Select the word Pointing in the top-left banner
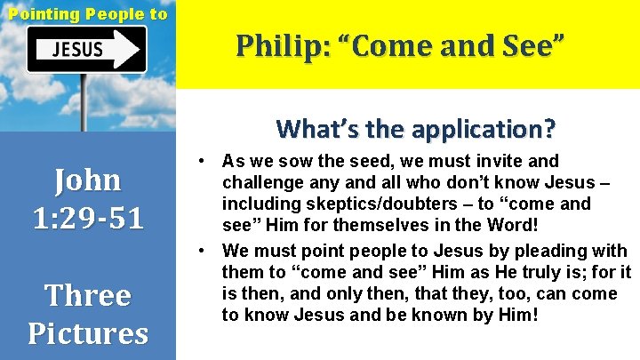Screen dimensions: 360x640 click(x=41, y=13)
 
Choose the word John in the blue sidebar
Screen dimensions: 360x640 click(x=87, y=180)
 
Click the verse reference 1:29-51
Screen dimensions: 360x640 click(x=87, y=218)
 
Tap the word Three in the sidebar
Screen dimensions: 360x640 click(x=87, y=295)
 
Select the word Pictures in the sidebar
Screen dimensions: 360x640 click(x=87, y=332)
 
